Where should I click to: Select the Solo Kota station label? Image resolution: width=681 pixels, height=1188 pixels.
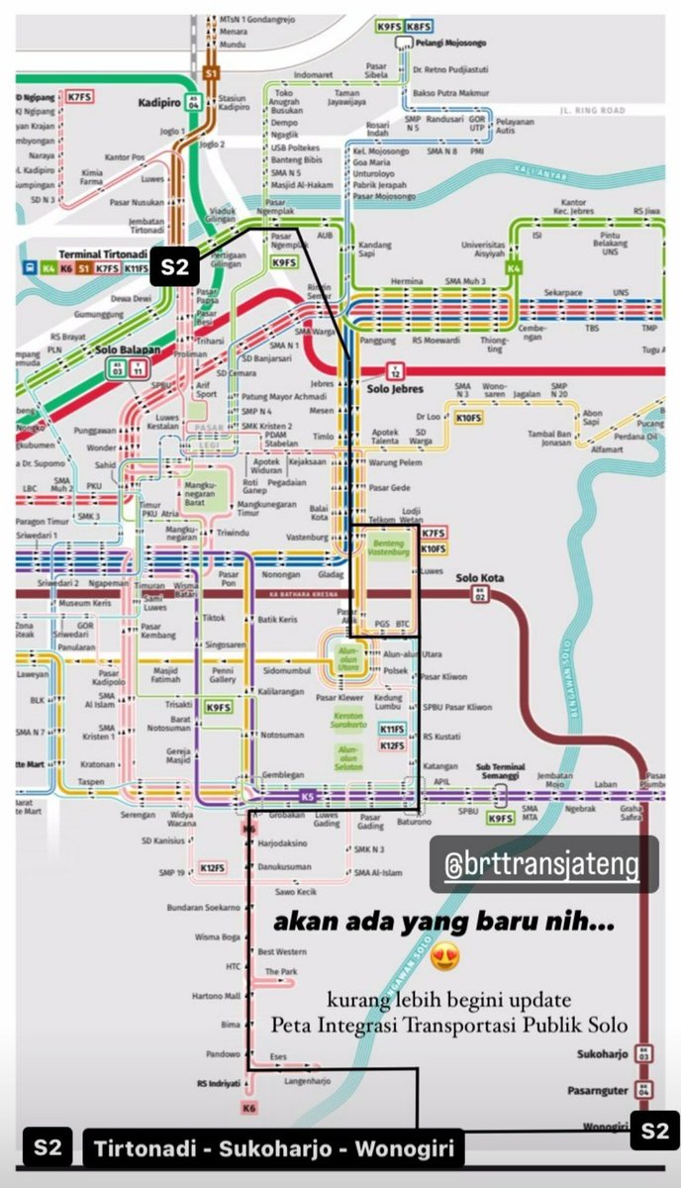480,578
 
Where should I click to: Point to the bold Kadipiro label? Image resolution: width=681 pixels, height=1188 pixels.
157,101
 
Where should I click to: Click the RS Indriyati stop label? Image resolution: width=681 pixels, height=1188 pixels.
218,1083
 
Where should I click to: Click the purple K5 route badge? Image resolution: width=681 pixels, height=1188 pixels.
307,796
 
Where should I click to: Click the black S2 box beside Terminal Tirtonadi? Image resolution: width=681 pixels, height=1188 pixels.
175,266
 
